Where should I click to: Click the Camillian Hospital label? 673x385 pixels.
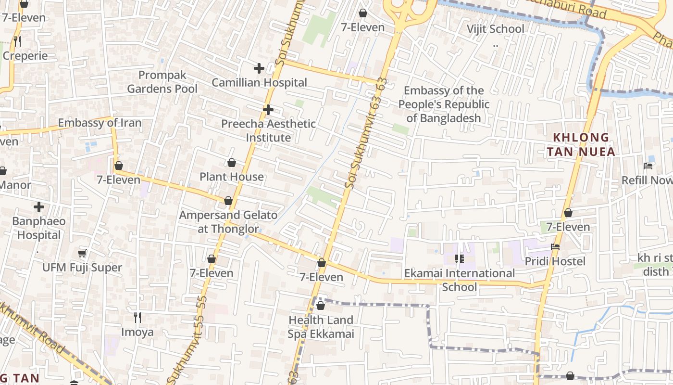259,83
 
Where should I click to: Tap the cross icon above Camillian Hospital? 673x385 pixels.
259,68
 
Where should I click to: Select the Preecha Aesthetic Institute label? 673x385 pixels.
268,130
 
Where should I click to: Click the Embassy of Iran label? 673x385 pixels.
100,123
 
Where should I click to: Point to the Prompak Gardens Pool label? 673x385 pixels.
162,82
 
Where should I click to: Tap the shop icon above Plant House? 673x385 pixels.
232,163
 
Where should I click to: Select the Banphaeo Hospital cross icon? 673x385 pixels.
39,207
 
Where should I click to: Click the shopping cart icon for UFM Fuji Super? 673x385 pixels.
82,253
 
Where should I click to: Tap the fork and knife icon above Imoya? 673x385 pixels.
137,318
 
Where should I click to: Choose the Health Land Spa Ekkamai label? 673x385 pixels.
321,327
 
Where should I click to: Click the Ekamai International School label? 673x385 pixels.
459,280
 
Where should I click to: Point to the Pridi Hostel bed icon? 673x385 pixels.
555,247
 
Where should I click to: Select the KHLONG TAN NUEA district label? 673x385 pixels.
581,145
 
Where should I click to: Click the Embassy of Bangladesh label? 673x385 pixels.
444,104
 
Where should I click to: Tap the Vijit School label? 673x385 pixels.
495,29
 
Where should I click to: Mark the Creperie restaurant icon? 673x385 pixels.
17,41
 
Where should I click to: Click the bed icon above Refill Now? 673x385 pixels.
648,166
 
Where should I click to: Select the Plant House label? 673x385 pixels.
232,177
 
